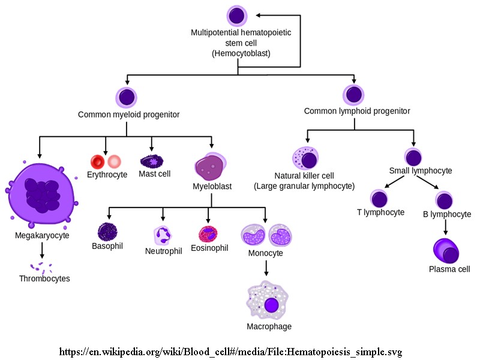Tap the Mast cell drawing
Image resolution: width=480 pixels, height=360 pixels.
tap(151, 161)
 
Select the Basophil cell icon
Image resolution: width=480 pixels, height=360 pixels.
tap(107, 231)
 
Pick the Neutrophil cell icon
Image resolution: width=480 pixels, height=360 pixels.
tap(163, 235)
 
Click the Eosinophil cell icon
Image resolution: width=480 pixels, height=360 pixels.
tap(208, 233)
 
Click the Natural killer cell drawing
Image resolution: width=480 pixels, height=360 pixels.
tap(305, 159)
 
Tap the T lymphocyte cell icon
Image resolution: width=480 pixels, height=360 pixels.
tap(379, 199)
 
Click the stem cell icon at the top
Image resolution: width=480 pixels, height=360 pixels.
tap(237, 16)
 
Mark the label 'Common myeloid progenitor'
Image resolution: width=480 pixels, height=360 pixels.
tap(129, 114)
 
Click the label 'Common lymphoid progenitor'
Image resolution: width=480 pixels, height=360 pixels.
tap(357, 111)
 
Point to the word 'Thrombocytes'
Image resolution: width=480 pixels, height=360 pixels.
tap(44, 278)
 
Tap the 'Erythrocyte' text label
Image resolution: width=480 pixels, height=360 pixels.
tap(107, 175)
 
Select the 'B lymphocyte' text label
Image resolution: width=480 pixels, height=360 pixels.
tap(447, 214)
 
